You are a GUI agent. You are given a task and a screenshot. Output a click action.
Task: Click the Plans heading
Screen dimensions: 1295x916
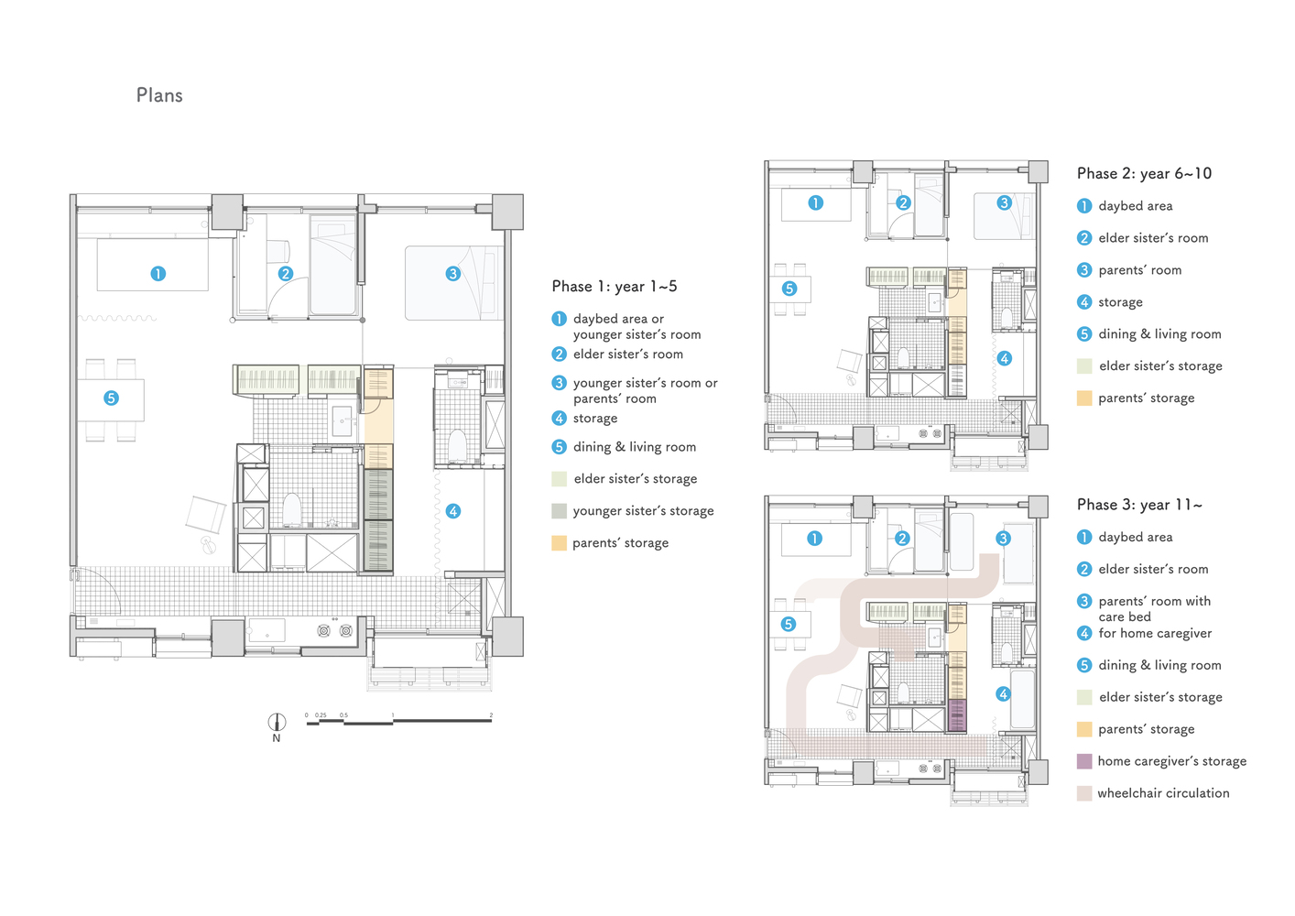pos(159,95)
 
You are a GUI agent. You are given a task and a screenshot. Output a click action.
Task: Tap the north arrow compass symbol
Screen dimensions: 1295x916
pos(277,722)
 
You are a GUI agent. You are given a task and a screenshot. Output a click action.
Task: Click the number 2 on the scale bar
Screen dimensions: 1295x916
pos(491,715)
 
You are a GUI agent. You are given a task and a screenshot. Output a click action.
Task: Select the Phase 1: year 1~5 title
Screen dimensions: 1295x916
pos(614,286)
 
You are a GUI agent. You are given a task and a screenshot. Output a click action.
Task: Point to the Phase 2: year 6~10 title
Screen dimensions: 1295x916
pos(1144,173)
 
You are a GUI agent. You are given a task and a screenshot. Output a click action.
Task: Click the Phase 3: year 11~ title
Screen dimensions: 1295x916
pos(1139,505)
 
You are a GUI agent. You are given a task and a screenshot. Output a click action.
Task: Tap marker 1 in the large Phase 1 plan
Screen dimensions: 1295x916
pos(158,274)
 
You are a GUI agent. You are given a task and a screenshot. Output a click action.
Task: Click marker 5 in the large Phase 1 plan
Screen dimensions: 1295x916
pos(111,398)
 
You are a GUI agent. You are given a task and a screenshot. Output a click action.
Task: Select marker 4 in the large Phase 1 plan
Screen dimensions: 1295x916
pos(453,511)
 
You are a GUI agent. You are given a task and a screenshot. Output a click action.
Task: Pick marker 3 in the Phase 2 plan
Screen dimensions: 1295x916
pos(1004,203)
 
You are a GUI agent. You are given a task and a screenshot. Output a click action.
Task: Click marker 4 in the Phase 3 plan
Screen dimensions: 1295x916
pos(1003,694)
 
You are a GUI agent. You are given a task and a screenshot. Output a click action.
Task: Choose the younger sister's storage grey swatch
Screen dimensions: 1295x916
pos(559,510)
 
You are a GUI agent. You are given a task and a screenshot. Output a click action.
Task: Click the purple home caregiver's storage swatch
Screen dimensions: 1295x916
pos(1084,761)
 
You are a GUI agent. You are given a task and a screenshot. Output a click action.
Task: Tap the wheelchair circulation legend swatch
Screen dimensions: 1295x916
pos(1084,793)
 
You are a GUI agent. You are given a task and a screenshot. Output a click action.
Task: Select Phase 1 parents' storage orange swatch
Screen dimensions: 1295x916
pos(559,543)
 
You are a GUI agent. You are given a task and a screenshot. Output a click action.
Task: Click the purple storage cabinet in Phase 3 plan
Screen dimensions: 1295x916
pos(957,716)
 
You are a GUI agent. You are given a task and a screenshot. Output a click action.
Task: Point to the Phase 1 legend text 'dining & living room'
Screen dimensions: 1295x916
pos(635,447)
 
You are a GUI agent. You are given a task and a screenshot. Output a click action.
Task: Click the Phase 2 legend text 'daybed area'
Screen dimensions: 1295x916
pos(1136,206)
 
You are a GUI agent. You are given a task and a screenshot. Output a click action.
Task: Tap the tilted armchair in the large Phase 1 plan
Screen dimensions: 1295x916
pos(206,515)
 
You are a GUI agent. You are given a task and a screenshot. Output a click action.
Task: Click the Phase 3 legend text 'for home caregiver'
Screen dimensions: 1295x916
pos(1155,633)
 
